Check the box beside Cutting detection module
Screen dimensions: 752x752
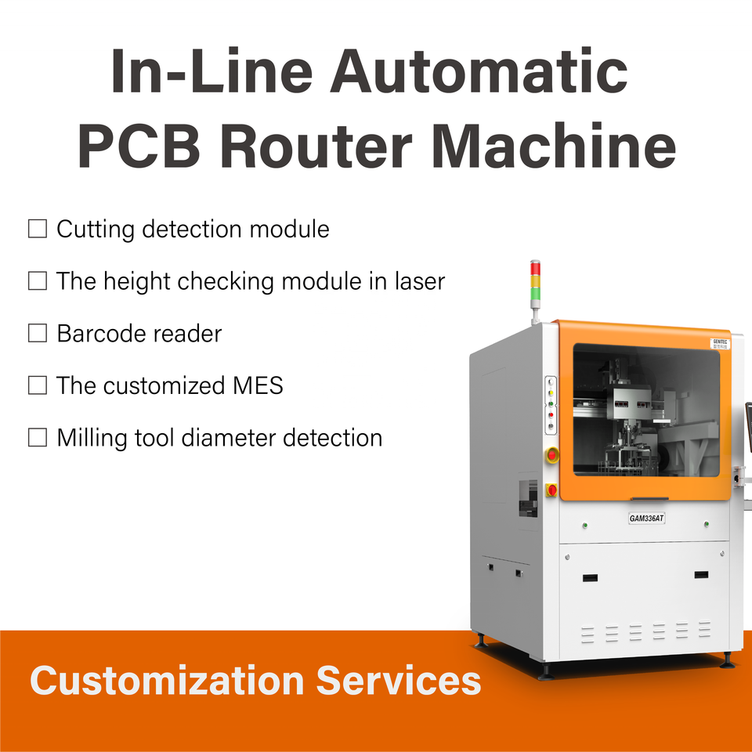point(38,229)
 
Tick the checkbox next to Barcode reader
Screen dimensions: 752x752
point(38,333)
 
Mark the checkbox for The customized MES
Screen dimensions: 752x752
point(38,385)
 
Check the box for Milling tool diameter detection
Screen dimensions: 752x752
point(38,437)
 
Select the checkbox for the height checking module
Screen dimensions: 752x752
point(38,281)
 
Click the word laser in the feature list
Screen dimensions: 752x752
point(415,281)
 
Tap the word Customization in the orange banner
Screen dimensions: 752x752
point(166,680)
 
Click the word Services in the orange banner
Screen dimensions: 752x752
point(399,680)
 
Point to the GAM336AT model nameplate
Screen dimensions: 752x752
point(647,518)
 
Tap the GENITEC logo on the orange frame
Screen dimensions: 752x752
point(720,343)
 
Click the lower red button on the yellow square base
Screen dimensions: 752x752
point(551,490)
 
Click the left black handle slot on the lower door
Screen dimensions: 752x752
point(590,577)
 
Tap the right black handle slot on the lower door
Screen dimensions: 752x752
point(700,575)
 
